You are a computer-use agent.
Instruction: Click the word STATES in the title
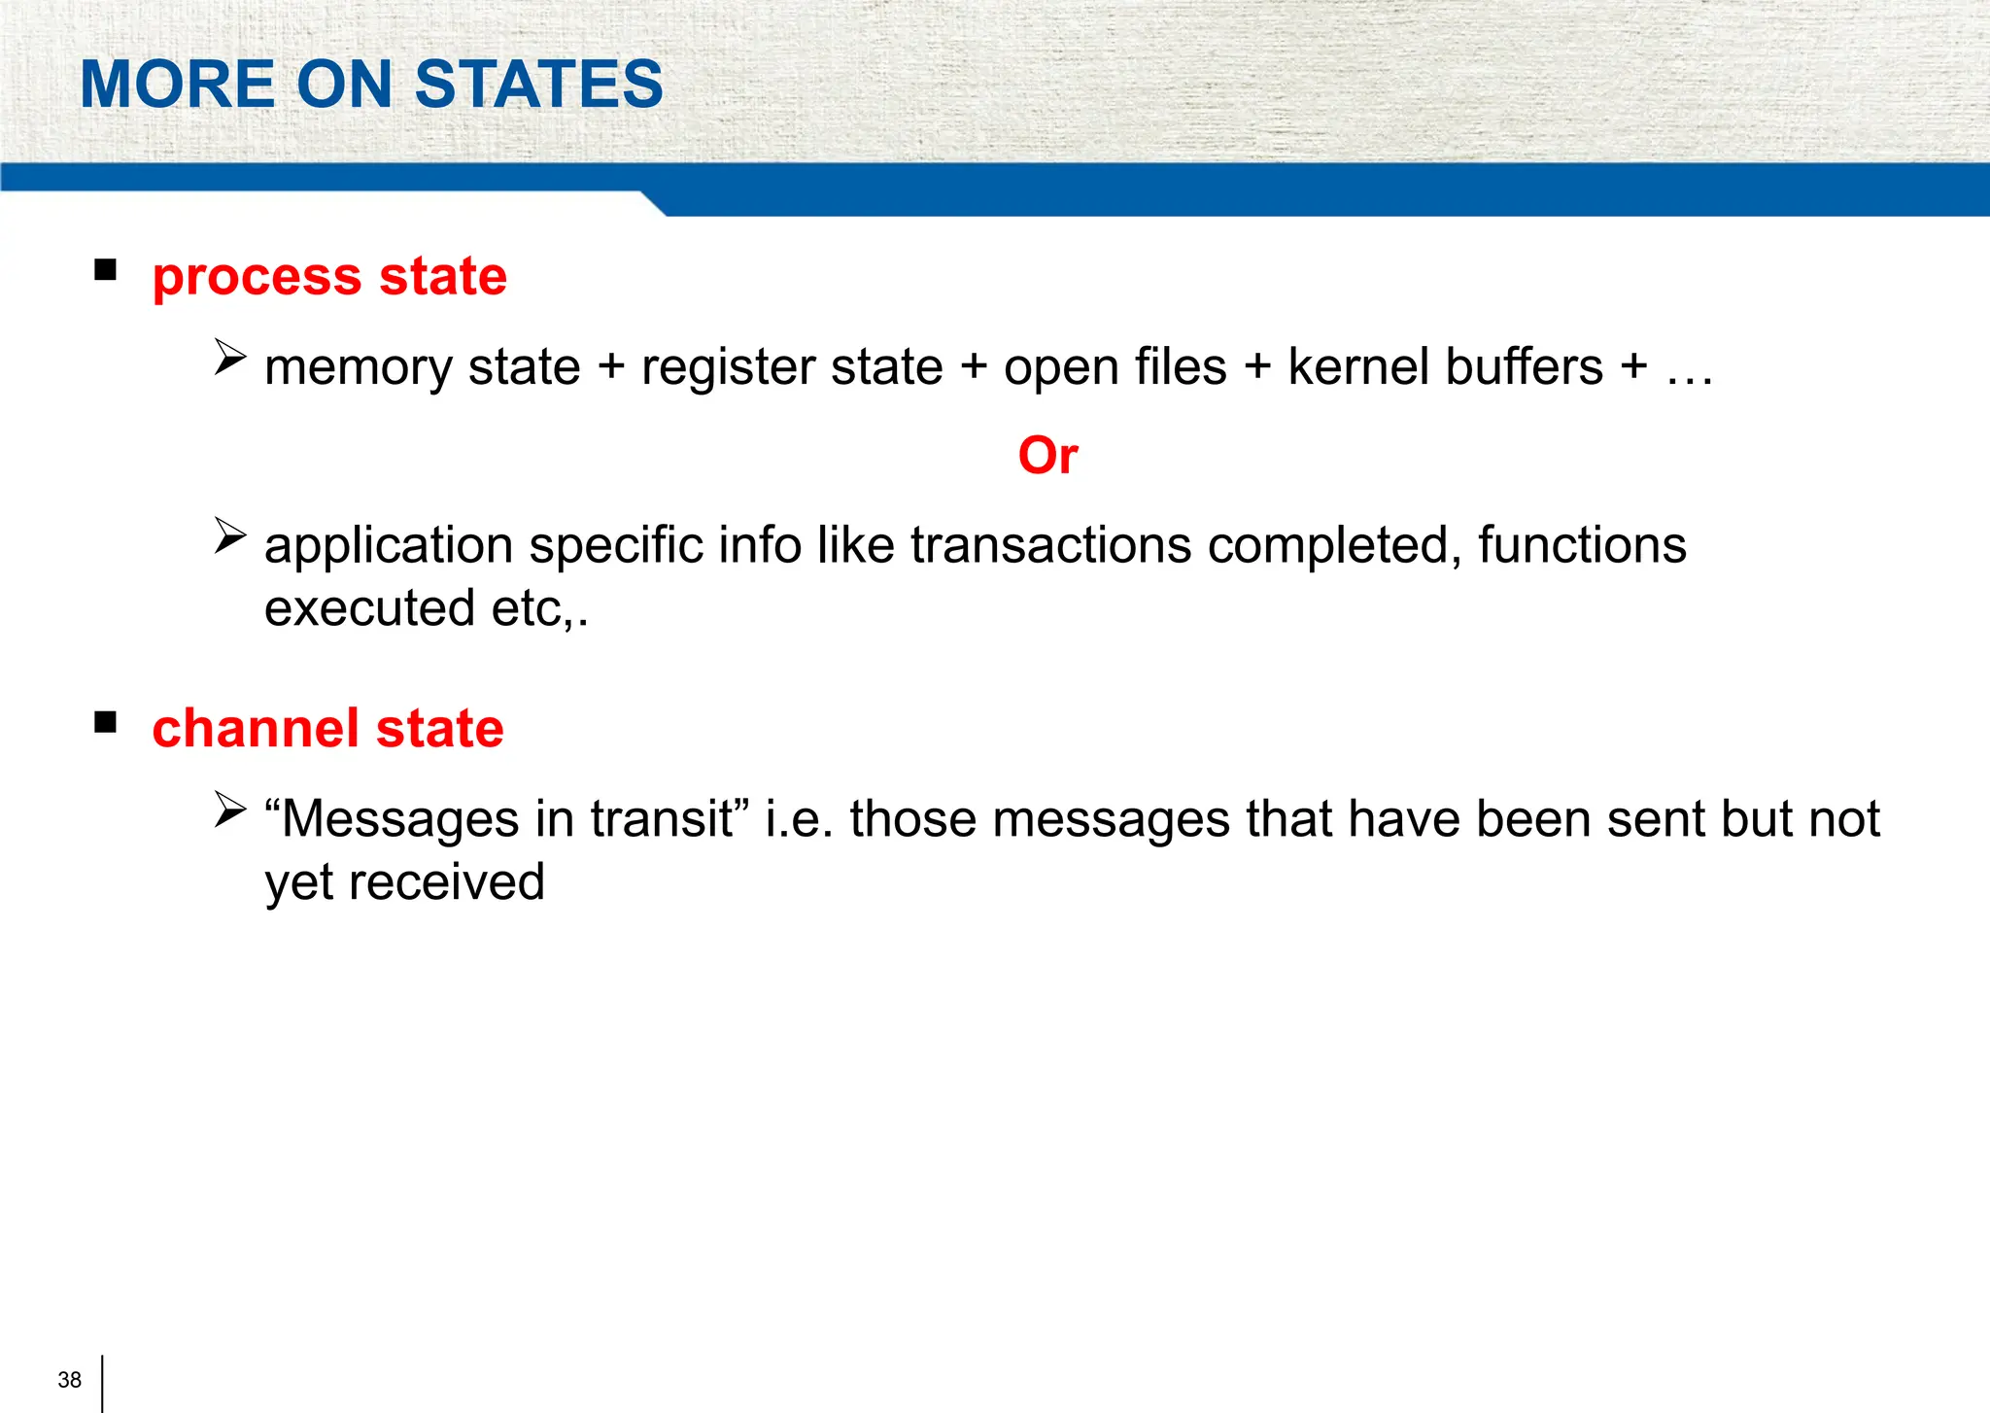pyautogui.click(x=538, y=85)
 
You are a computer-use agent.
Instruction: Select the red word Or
pyautogui.click(x=1047, y=455)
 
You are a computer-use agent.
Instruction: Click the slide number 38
pyautogui.click(x=70, y=1380)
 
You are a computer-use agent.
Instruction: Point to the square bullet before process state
pyautogui.click(x=106, y=269)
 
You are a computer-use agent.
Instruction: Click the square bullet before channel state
pyautogui.click(x=106, y=721)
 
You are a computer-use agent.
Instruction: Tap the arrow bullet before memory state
pyautogui.click(x=230, y=358)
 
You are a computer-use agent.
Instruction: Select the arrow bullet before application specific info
pyautogui.click(x=230, y=535)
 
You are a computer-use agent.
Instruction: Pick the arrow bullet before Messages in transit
pyautogui.click(x=230, y=810)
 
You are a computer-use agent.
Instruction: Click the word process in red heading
pyautogui.click(x=256, y=277)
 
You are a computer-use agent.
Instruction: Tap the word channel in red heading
pyautogui.click(x=255, y=729)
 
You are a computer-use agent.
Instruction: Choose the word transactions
pyautogui.click(x=1050, y=545)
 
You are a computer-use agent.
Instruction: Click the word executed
pyautogui.click(x=368, y=609)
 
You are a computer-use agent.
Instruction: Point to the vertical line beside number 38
pyautogui.click(x=102, y=1384)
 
